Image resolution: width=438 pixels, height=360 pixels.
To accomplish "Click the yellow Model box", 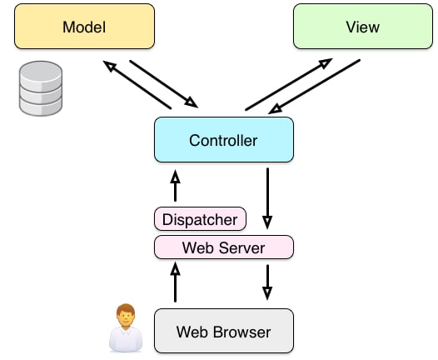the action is (x=84, y=27).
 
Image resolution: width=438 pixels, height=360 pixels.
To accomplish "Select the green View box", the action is (x=363, y=27).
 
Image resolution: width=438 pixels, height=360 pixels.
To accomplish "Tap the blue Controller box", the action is (x=224, y=140).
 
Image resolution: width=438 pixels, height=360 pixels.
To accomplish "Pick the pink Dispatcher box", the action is (x=200, y=219).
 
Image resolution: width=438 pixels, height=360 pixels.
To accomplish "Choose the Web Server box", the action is (x=224, y=247).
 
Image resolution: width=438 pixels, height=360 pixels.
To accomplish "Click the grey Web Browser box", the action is (x=224, y=331).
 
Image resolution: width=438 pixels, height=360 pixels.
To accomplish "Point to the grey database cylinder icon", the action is (x=41, y=88).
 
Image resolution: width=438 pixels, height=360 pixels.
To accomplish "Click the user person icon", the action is (x=126, y=327).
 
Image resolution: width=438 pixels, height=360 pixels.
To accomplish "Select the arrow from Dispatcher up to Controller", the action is (x=175, y=186).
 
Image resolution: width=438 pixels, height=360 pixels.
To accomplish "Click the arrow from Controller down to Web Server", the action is (x=267, y=198).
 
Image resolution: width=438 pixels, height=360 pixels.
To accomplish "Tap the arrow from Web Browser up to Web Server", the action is (x=175, y=282).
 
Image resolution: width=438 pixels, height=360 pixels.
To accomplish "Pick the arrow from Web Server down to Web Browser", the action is (x=267, y=282).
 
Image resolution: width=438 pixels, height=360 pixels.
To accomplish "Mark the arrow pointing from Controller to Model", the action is (x=137, y=85).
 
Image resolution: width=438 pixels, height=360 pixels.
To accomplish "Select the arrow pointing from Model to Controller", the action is (x=164, y=84).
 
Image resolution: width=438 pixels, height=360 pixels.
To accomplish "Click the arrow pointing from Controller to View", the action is (x=289, y=84).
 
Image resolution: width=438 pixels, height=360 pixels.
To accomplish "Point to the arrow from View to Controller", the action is (x=314, y=87).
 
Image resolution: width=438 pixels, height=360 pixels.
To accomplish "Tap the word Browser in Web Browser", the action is (x=243, y=332).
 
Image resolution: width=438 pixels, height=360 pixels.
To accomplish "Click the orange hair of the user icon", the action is (x=126, y=309).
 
